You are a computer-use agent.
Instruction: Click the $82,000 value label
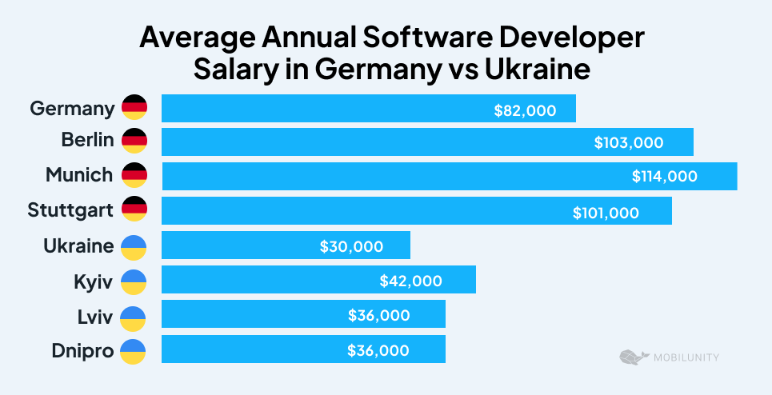[525, 110]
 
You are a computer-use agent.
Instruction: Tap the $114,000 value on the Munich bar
[664, 177]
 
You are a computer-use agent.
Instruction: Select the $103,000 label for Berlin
[628, 143]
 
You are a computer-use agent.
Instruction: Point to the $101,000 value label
[606, 212]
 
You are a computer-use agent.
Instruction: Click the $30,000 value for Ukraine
[351, 246]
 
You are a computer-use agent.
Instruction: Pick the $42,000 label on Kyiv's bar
[410, 281]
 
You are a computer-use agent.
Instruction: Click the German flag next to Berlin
[134, 141]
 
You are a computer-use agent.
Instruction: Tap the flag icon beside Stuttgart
[134, 210]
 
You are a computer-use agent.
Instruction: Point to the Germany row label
[72, 107]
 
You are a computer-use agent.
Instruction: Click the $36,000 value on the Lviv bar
[378, 315]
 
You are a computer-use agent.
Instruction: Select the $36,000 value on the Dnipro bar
[378, 350]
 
